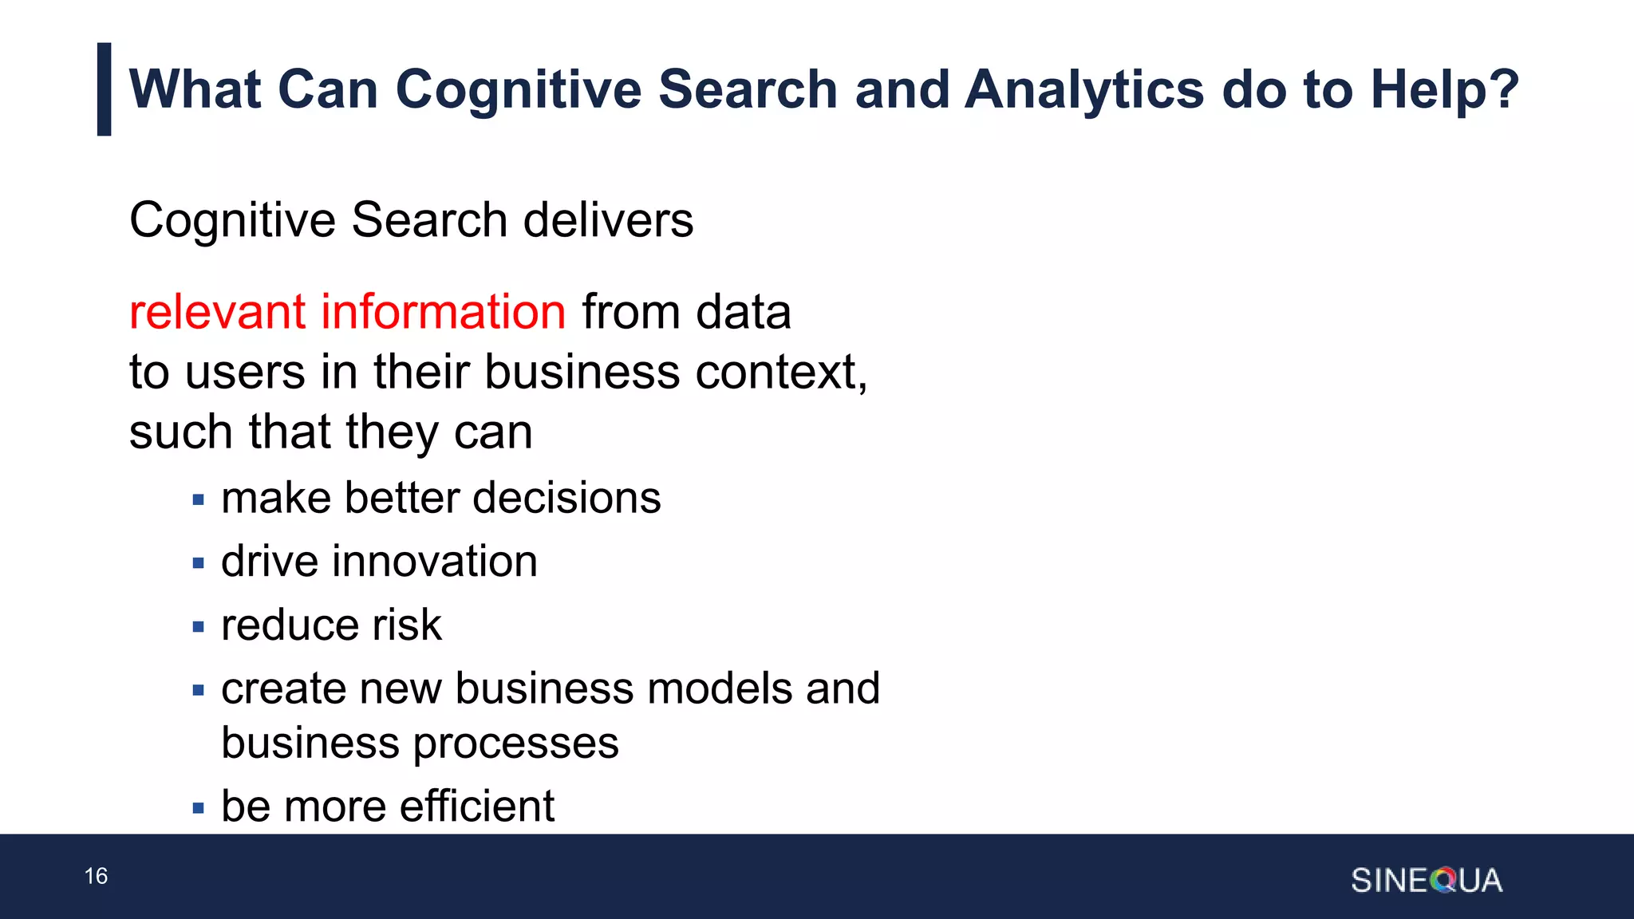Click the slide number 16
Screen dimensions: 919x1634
(x=96, y=876)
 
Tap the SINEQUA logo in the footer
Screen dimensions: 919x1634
(x=1426, y=881)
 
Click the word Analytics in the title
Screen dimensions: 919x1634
(x=1084, y=89)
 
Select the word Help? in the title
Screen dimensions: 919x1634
(x=1445, y=89)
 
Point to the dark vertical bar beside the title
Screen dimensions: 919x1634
(x=104, y=89)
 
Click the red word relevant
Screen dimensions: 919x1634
(x=216, y=312)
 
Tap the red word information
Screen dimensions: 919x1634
(x=443, y=312)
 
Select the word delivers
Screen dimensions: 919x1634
(x=608, y=220)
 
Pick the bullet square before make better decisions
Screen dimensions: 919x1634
(x=199, y=501)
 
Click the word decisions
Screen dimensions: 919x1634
(x=566, y=499)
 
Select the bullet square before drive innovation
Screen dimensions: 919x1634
(x=199, y=564)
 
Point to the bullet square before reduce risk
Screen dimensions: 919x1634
(x=199, y=627)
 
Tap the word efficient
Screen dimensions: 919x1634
(x=476, y=807)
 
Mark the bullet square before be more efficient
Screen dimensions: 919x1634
(x=199, y=809)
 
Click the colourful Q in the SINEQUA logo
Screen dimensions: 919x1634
(x=1443, y=881)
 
